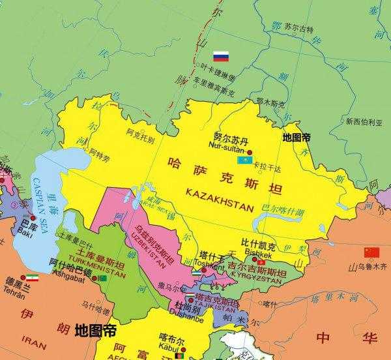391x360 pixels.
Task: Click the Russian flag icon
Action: click(222, 56)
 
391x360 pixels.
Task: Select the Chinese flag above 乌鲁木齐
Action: click(371, 252)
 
